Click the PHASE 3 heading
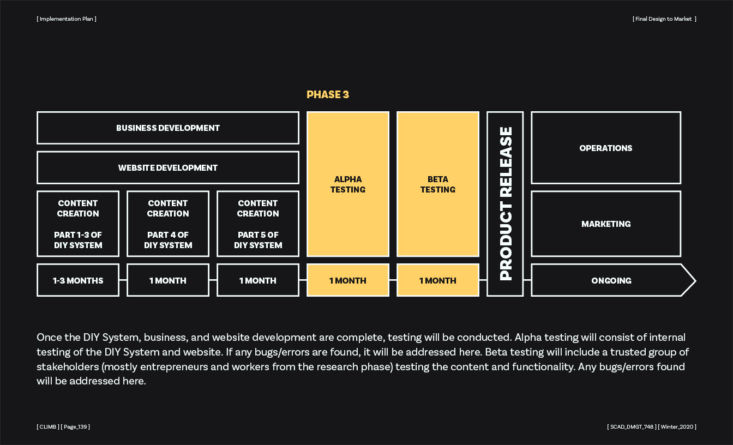tap(328, 94)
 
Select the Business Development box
tap(168, 128)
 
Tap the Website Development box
tap(168, 168)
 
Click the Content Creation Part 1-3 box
tap(78, 224)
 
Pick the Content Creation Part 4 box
tap(168, 224)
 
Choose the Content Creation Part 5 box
tap(258, 224)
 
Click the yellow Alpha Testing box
tap(348, 184)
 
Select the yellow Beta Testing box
tap(438, 184)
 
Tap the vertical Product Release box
tap(505, 204)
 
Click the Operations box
tap(606, 148)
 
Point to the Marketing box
tap(606, 224)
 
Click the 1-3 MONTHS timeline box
tap(78, 280)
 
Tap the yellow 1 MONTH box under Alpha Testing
tap(348, 280)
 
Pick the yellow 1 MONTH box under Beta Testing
tap(438, 280)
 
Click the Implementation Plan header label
tap(67, 19)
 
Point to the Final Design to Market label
tap(664, 19)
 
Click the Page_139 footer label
tap(75, 426)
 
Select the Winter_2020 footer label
tap(677, 426)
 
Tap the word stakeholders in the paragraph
tap(68, 366)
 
